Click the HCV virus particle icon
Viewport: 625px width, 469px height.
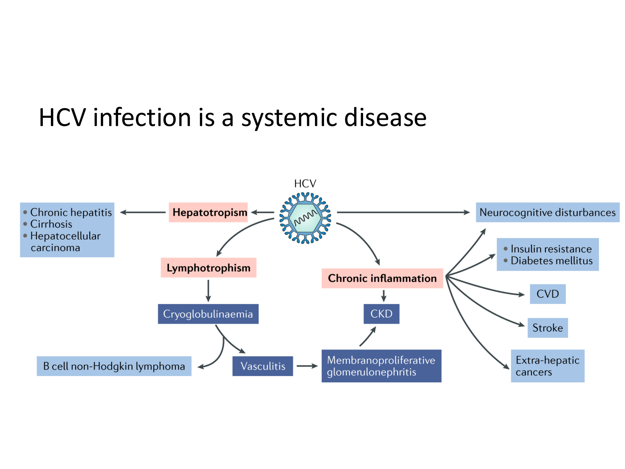coord(305,218)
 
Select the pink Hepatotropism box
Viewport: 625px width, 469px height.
coord(208,212)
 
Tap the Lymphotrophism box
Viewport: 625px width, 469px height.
coord(208,268)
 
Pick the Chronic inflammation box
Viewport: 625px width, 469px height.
coord(382,278)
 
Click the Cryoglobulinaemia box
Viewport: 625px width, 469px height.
coord(208,314)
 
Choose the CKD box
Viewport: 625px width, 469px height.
coord(381,314)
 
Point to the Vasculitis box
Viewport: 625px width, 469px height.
coord(262,366)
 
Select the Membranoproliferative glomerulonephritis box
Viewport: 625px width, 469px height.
coord(381,366)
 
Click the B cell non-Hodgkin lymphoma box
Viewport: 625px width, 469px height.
coord(114,366)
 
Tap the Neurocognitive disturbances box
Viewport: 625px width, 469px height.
coord(547,212)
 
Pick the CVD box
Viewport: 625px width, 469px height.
coord(547,294)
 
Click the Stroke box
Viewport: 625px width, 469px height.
coord(547,328)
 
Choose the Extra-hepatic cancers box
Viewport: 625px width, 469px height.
coord(547,366)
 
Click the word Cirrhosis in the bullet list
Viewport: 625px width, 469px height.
coord(51,224)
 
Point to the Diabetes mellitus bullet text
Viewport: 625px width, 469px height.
coord(552,260)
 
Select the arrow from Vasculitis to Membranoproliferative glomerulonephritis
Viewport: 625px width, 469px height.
coord(307,366)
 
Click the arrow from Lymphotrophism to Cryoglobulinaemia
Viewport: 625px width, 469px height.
coord(208,291)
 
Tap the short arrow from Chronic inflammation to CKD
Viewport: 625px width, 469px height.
coord(384,295)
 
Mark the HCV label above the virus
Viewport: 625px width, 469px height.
coord(305,184)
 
